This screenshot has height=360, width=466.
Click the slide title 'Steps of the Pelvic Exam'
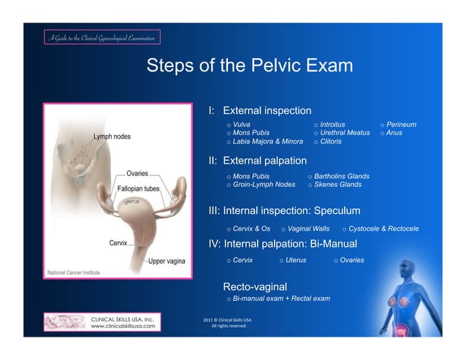click(x=249, y=66)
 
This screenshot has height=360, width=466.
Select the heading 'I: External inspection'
click(x=260, y=110)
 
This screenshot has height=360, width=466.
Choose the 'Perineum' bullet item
click(x=402, y=125)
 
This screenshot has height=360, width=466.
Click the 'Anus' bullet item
click(x=394, y=133)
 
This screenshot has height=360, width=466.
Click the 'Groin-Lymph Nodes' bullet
click(x=264, y=185)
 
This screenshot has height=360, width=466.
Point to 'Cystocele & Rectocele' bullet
click(x=383, y=229)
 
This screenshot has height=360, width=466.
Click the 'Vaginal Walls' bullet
click(x=309, y=229)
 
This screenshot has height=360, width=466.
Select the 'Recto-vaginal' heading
click(x=254, y=286)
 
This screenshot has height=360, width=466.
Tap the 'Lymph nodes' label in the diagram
click(x=112, y=137)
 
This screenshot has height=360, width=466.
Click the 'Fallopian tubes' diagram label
click(x=138, y=188)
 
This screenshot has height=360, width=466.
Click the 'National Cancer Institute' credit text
click(x=74, y=272)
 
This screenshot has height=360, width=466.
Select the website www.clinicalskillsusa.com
click(x=122, y=326)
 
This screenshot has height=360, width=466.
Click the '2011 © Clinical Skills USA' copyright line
click(x=226, y=319)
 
